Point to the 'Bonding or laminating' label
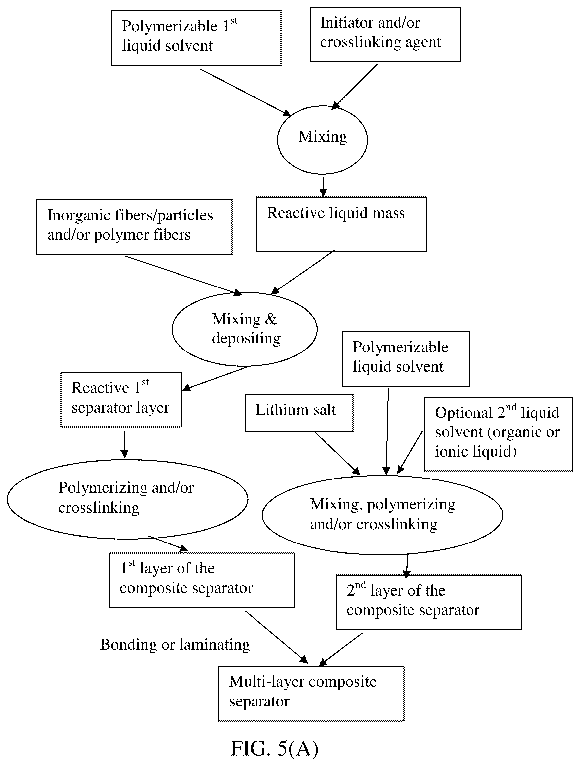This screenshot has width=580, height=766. click(x=175, y=645)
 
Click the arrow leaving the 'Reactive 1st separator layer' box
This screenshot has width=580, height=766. click(x=124, y=444)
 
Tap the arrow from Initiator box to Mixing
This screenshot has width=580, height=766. click(x=354, y=87)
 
